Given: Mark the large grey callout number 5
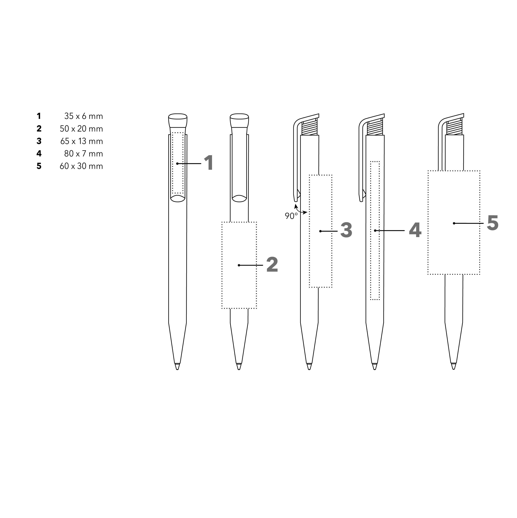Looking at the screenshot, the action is [x=493, y=223].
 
